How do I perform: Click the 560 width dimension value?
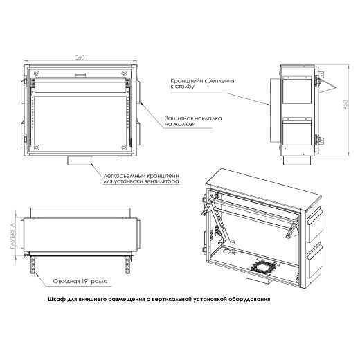[x=80, y=57]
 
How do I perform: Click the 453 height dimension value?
[x=345, y=105]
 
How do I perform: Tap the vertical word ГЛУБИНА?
[x=12, y=236]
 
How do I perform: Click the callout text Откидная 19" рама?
[x=80, y=281]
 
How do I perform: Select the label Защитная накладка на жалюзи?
[x=193, y=121]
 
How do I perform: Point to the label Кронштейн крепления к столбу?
[x=202, y=84]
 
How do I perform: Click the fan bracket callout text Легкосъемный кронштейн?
[x=141, y=176]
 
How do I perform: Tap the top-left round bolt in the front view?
[x=36, y=73]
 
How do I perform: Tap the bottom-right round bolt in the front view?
[x=124, y=147]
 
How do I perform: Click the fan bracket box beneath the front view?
[x=80, y=161]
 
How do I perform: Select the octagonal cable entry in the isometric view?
[x=263, y=267]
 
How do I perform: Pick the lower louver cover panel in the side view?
[x=297, y=131]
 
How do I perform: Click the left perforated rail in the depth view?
[x=33, y=265]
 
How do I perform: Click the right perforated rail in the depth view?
[x=127, y=265]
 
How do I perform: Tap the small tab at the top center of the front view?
[x=80, y=75]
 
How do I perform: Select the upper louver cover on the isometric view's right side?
[x=315, y=225]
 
